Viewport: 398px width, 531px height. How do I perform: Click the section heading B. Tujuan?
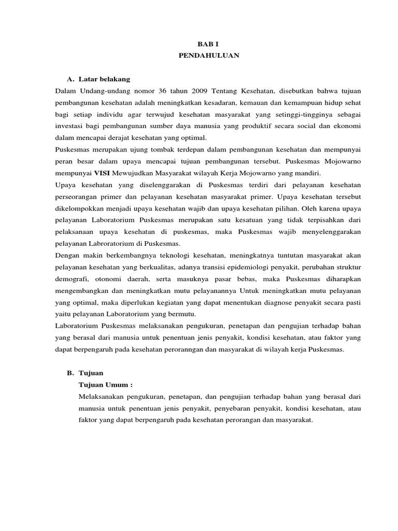86,373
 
